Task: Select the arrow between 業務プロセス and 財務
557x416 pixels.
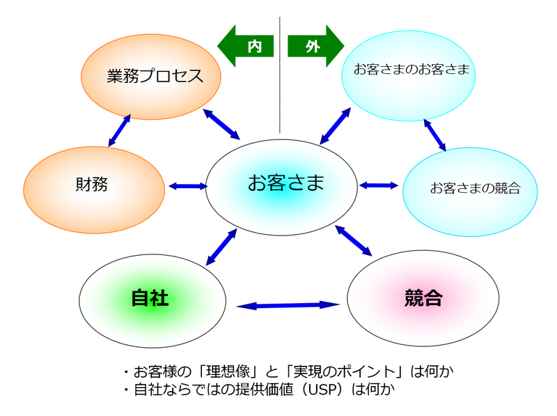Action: [x=120, y=130]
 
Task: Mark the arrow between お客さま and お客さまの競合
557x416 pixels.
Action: [x=379, y=185]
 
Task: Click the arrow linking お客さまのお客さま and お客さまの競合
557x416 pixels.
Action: [x=435, y=133]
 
